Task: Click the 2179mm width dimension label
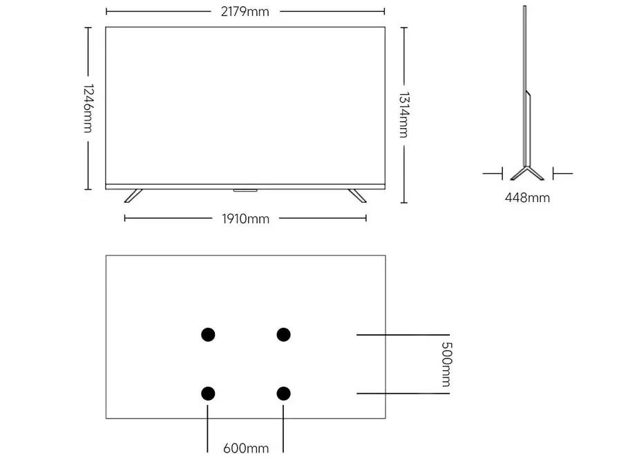click(245, 12)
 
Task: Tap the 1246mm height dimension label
click(88, 109)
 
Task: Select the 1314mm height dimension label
click(403, 115)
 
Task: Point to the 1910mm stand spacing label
click(245, 219)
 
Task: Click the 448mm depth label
click(527, 197)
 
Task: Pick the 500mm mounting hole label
click(446, 364)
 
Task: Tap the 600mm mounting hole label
click(245, 448)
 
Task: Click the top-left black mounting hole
click(208, 334)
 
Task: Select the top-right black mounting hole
click(283, 334)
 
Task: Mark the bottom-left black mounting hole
click(208, 394)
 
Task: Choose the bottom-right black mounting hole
click(283, 394)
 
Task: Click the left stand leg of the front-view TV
click(133, 196)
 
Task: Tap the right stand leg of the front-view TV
click(357, 196)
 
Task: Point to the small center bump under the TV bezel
click(245, 190)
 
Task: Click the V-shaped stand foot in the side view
click(527, 174)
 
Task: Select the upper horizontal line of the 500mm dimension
click(403, 335)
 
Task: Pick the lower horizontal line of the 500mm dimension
click(403, 394)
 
